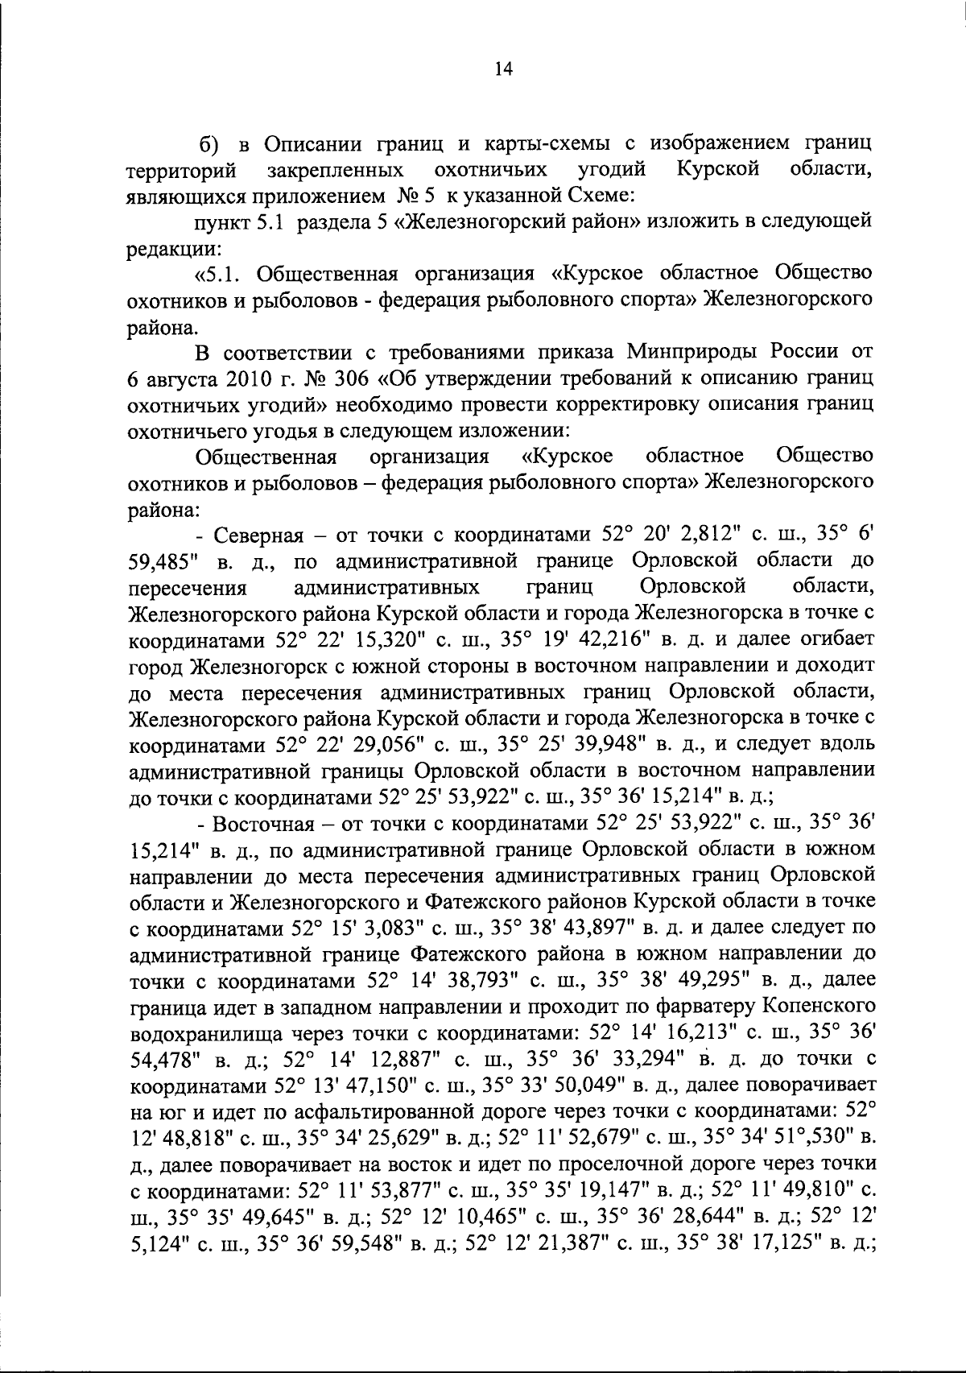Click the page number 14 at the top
pos(503,69)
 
